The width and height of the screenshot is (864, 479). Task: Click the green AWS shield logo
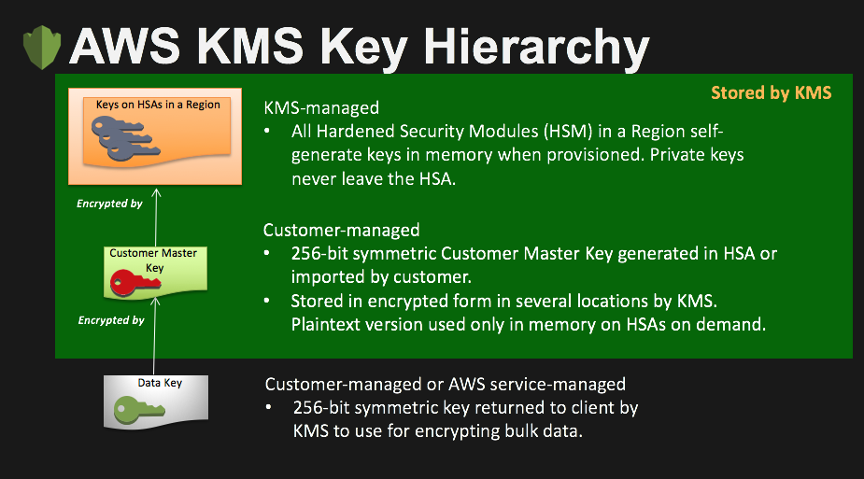(42, 48)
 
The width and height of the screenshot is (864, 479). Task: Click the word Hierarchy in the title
(536, 49)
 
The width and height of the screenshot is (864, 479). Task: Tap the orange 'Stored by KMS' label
(771, 92)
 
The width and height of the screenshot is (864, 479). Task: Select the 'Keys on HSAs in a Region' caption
(158, 105)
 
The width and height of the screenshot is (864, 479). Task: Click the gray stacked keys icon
(124, 140)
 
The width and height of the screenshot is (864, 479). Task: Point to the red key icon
(135, 283)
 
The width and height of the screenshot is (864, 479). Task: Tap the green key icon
(138, 411)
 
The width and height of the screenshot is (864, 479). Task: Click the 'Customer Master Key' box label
(153, 260)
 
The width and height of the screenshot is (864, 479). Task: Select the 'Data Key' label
(160, 383)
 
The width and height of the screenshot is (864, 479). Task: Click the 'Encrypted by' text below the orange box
(109, 204)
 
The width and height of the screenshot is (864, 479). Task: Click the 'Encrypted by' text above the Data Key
(111, 320)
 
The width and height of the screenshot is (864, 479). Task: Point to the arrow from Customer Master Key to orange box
(156, 218)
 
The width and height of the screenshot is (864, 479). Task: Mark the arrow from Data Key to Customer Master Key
(155, 336)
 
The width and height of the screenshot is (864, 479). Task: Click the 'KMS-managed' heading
(321, 107)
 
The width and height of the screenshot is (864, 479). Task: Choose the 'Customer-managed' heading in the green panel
(342, 230)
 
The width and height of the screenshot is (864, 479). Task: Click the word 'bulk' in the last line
(521, 430)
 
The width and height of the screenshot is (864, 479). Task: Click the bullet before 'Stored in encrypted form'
(267, 302)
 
